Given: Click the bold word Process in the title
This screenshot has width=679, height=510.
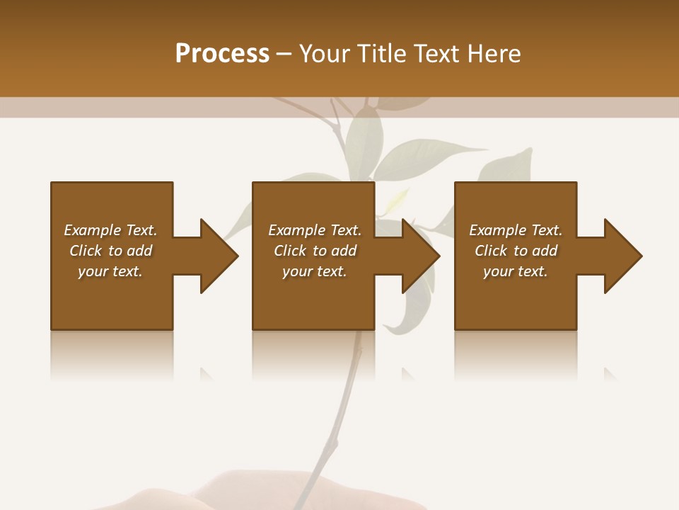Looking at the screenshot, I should click(x=222, y=54).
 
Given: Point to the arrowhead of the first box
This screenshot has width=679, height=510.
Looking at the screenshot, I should click(x=219, y=256).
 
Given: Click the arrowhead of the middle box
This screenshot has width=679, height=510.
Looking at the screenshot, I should click(x=421, y=256).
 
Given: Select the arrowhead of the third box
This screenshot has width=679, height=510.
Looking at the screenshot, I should click(x=623, y=256).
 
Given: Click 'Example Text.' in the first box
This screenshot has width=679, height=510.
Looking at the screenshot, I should click(x=110, y=230).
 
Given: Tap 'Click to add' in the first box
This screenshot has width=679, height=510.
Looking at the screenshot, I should click(x=110, y=251).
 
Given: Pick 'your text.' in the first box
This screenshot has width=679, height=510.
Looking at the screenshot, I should click(x=110, y=271).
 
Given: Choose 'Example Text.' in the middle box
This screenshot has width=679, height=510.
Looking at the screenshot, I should click(x=315, y=230).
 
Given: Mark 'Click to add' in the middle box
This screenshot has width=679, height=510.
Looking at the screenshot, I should click(x=315, y=251).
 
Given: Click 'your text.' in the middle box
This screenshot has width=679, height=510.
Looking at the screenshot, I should click(x=315, y=271).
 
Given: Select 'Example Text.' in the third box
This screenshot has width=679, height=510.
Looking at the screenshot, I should click(x=516, y=230).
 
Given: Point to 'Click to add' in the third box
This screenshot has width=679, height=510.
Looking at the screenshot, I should click(x=516, y=251).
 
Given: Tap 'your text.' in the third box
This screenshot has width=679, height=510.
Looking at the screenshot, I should click(x=516, y=271).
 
